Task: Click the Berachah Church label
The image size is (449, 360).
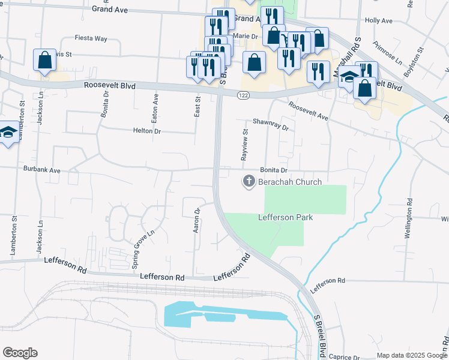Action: (x=290, y=182)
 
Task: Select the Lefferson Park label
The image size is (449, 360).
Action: (x=286, y=217)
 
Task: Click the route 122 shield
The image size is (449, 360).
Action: (x=243, y=95)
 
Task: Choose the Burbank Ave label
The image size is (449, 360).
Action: (x=43, y=170)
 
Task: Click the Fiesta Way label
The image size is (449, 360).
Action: (x=91, y=38)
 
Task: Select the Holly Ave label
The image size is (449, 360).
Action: (x=378, y=20)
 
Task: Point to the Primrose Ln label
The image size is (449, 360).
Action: (x=387, y=53)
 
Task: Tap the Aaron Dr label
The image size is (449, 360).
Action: (x=196, y=220)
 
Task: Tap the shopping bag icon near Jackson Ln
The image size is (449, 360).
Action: (x=45, y=60)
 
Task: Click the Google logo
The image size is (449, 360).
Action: (x=20, y=353)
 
